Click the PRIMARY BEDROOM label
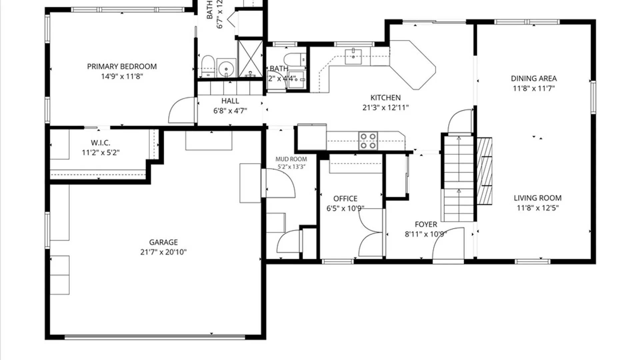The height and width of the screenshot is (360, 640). (122, 67)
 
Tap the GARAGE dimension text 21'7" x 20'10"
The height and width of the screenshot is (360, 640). (163, 252)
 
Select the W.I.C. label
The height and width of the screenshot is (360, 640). (100, 143)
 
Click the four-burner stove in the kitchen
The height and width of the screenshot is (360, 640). (368, 141)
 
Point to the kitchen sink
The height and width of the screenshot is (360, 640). (353, 56)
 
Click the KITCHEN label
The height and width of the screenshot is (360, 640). (385, 98)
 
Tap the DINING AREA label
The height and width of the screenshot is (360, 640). (534, 79)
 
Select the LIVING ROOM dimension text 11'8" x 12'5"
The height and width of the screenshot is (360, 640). (537, 208)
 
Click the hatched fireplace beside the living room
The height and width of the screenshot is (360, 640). (484, 171)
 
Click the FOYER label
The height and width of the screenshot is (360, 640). (426, 225)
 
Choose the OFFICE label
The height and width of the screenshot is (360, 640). (345, 199)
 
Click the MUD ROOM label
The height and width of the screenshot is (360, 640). (291, 159)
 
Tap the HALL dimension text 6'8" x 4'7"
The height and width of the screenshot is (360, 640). (230, 111)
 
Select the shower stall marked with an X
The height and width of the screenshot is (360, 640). (250, 59)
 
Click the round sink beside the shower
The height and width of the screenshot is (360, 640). (226, 68)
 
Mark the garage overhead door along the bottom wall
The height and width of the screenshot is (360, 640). (155, 337)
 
